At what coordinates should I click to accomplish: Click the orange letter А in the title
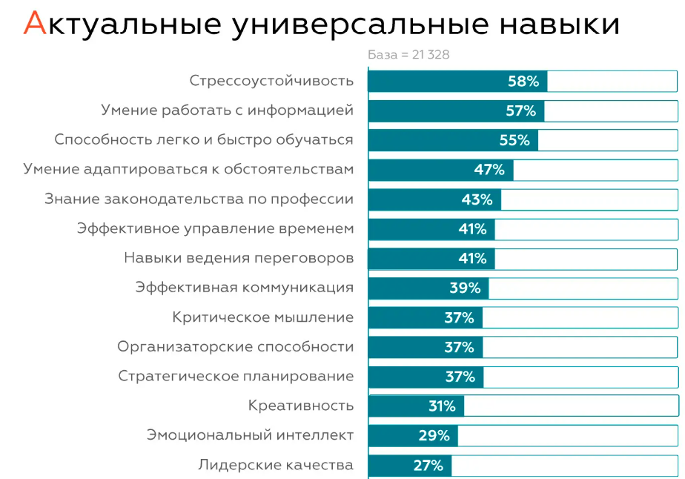pos(34,24)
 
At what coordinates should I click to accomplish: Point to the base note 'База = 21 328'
pos(408,55)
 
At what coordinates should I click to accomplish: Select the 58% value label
pos(523,82)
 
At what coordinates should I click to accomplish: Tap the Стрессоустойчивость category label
pos(271,82)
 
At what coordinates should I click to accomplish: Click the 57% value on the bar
pos(520,111)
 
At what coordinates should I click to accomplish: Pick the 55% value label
pos(514,140)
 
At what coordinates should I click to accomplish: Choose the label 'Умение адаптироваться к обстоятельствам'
pos(188,170)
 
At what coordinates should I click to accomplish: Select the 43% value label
pos(477,199)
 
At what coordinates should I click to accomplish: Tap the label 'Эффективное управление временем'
pos(215,229)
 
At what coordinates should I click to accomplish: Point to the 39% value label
pos(465,288)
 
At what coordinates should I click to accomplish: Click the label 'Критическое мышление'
pos(262,317)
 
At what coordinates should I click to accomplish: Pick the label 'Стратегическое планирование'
pos(236,377)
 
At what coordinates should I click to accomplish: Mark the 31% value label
pos(441,406)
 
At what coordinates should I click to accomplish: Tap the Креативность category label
pos(301,406)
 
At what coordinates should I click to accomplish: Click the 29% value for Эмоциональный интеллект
pos(434,436)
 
